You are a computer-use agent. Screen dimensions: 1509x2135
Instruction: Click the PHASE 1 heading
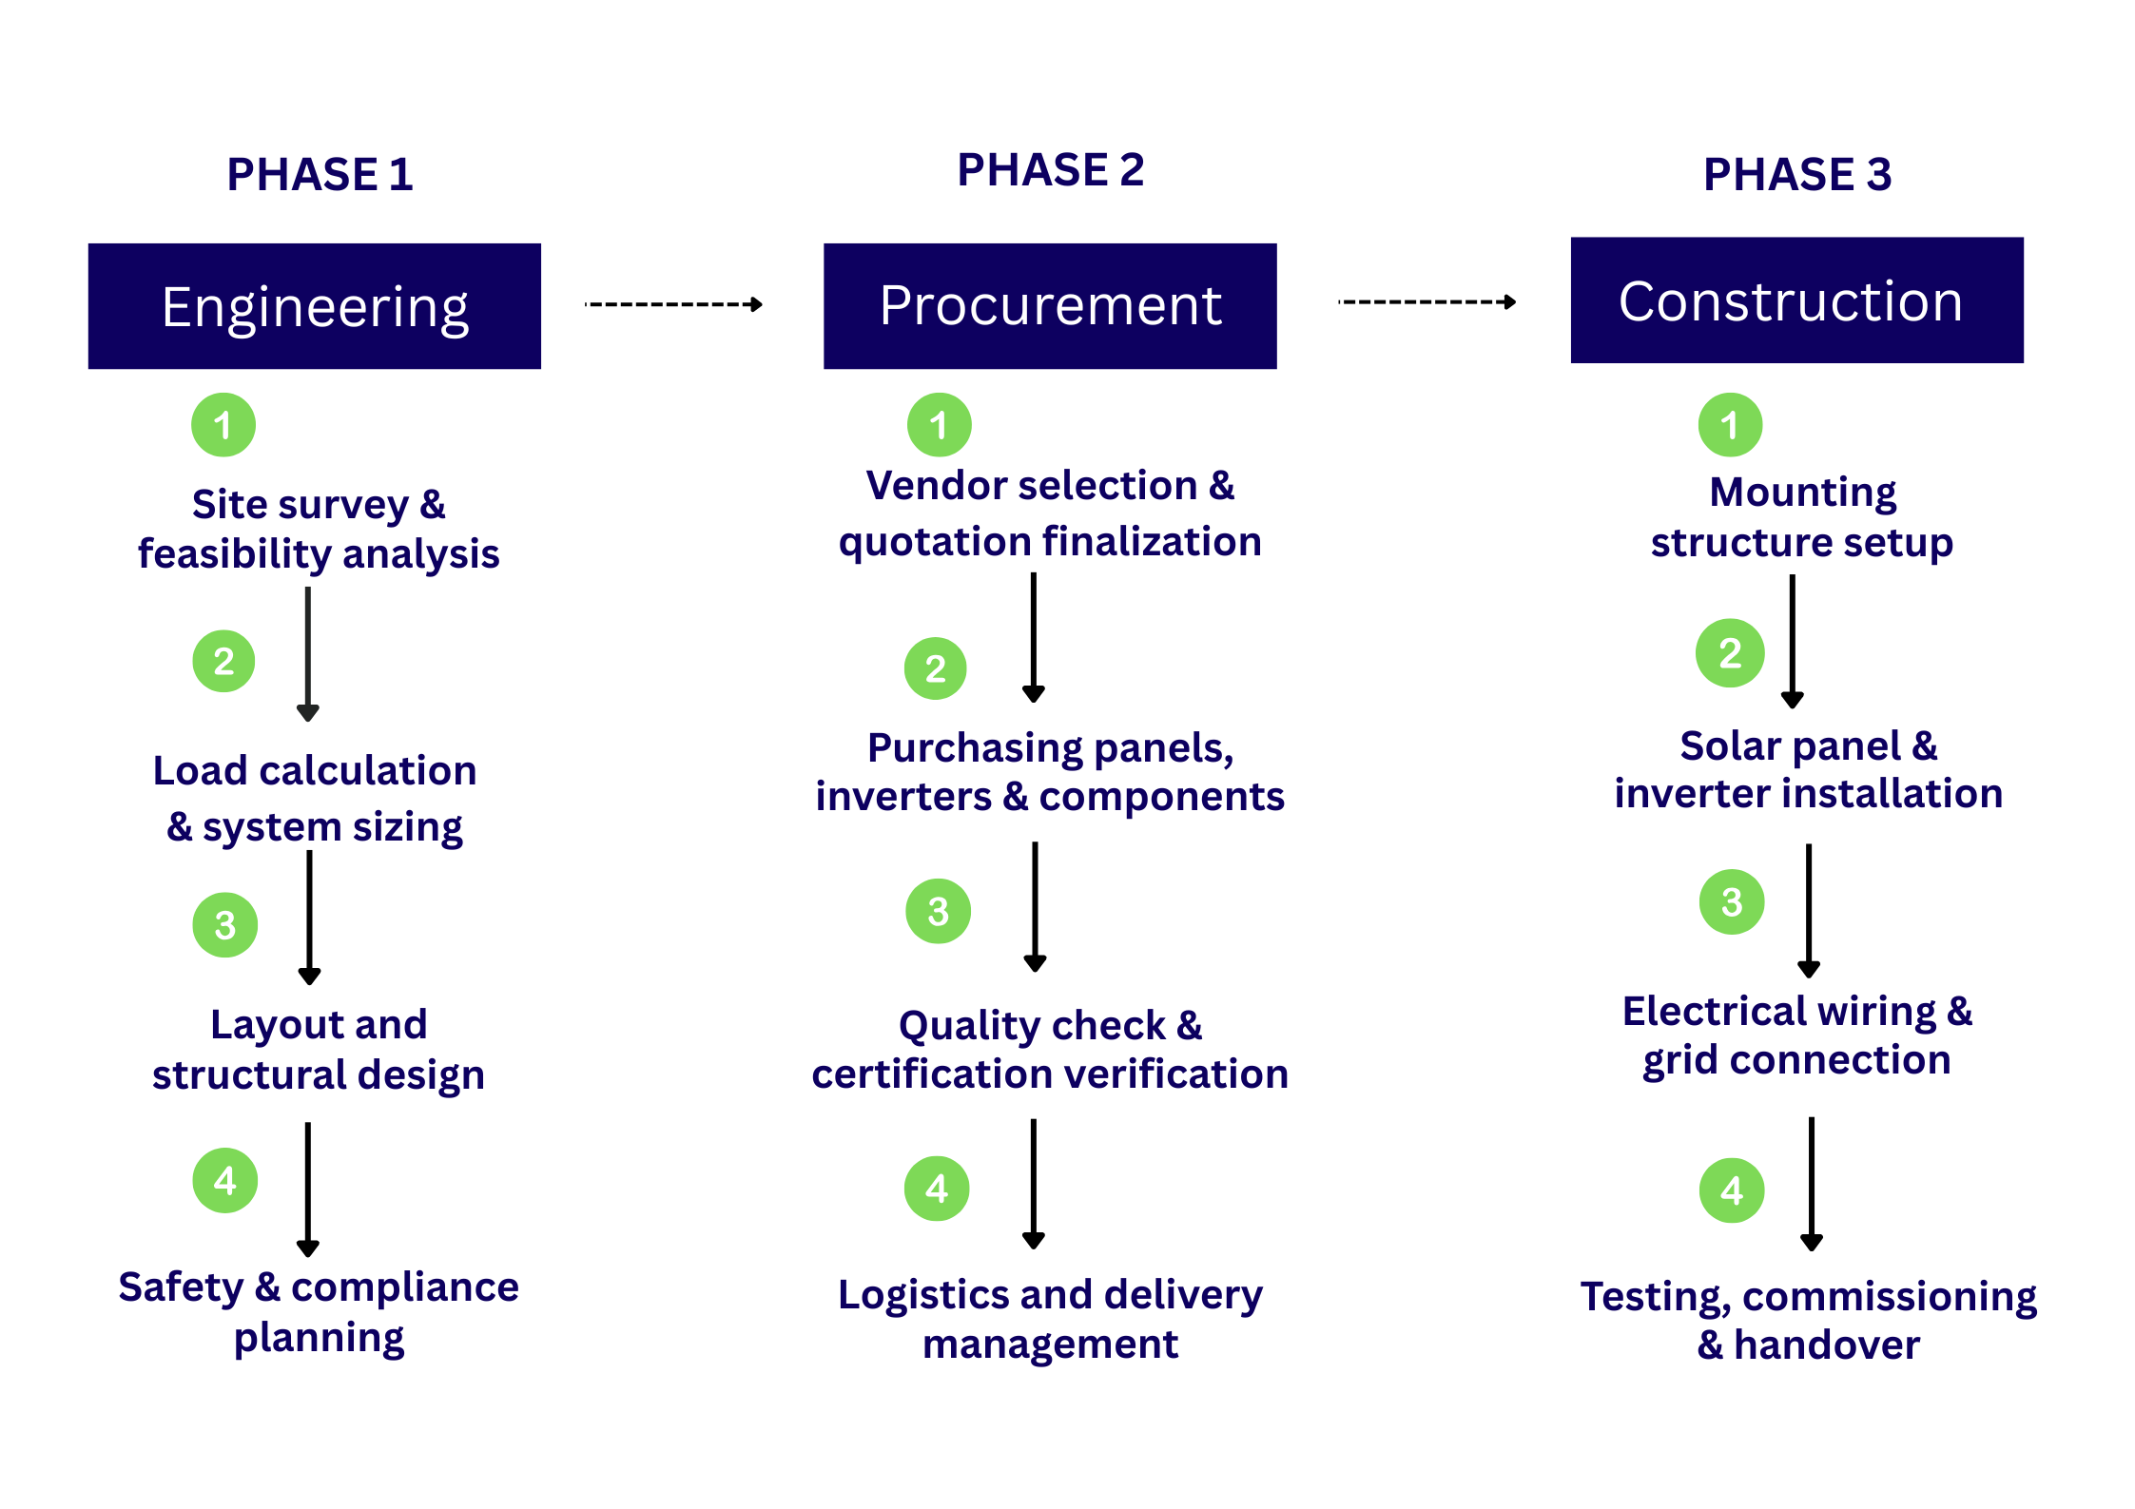pyautogui.click(x=320, y=175)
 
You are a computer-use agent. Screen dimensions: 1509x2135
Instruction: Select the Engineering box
pyautogui.click(x=315, y=306)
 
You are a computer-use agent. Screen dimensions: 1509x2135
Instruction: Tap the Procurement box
pyautogui.click(x=1050, y=306)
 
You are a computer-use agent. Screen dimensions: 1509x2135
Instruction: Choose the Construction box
pyautogui.click(x=1796, y=300)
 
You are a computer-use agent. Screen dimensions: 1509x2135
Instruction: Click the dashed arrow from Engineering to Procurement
pyautogui.click(x=673, y=304)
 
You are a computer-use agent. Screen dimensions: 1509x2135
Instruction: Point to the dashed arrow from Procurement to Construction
pyautogui.click(x=1427, y=302)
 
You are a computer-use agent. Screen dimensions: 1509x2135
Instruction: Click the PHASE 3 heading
pyautogui.click(x=1796, y=175)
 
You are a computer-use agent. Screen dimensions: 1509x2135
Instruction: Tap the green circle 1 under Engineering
pyautogui.click(x=223, y=425)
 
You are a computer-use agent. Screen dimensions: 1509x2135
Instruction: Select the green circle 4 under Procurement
pyautogui.click(x=937, y=1189)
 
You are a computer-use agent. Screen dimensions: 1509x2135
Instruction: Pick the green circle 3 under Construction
pyautogui.click(x=1732, y=901)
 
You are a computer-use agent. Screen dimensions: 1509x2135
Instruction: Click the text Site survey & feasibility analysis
pyautogui.click(x=319, y=529)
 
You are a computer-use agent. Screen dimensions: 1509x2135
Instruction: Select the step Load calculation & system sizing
pyautogui.click(x=315, y=799)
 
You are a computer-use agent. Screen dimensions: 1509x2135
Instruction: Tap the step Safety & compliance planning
pyautogui.click(x=319, y=1312)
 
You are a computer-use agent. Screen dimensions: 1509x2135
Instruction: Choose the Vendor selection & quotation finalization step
pyautogui.click(x=1050, y=513)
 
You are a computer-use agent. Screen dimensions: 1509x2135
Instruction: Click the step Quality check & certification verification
pyautogui.click(x=1050, y=1050)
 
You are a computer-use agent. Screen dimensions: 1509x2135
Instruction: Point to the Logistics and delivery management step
pyautogui.click(x=1050, y=1319)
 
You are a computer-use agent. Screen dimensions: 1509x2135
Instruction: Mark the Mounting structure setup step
pyautogui.click(x=1802, y=517)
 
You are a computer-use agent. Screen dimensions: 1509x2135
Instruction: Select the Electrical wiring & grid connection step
pyautogui.click(x=1797, y=1035)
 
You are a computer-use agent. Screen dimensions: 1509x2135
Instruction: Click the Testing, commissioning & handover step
pyautogui.click(x=1808, y=1320)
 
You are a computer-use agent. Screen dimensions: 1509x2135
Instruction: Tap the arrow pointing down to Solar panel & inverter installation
pyautogui.click(x=1793, y=642)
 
